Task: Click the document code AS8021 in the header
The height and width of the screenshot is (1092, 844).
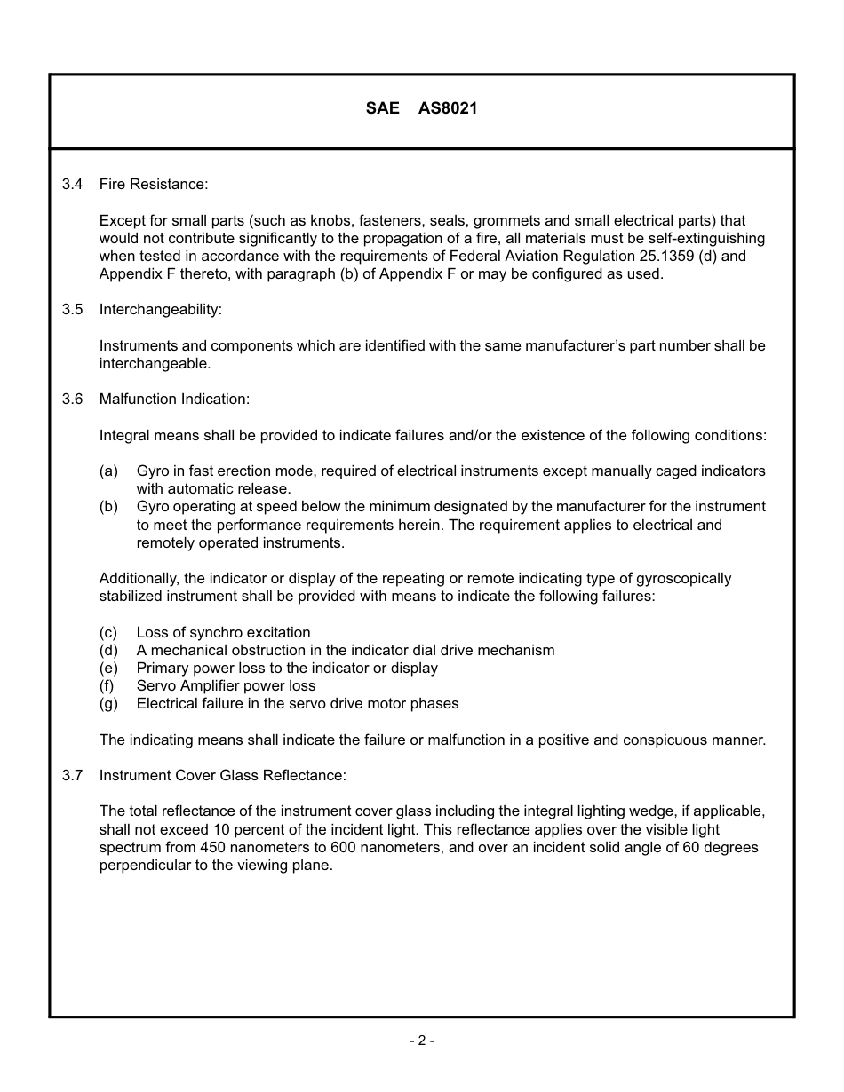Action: point(448,108)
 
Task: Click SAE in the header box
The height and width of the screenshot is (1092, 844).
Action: point(382,108)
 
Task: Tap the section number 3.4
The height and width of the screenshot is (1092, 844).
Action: point(72,184)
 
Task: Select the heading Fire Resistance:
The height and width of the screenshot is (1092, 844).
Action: point(153,184)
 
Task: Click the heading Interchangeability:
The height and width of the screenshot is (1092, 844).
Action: point(160,310)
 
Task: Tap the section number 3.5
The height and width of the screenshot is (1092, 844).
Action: point(72,310)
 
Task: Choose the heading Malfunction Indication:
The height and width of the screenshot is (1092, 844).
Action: point(174,400)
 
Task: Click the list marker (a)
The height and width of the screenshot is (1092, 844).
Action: point(108,471)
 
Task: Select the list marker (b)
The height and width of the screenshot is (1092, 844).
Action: point(108,507)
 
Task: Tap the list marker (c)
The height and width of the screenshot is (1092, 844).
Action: point(108,632)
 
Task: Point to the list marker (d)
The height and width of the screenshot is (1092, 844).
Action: point(108,650)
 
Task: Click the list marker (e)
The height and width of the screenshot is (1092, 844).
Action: point(108,668)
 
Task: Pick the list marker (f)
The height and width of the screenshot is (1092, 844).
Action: point(107,685)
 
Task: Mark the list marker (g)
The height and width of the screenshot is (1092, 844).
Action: point(108,703)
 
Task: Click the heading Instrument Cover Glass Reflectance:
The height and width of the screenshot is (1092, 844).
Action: point(222,776)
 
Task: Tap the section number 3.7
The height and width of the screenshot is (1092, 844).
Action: point(72,776)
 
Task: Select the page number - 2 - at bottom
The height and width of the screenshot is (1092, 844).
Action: point(422,1041)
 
